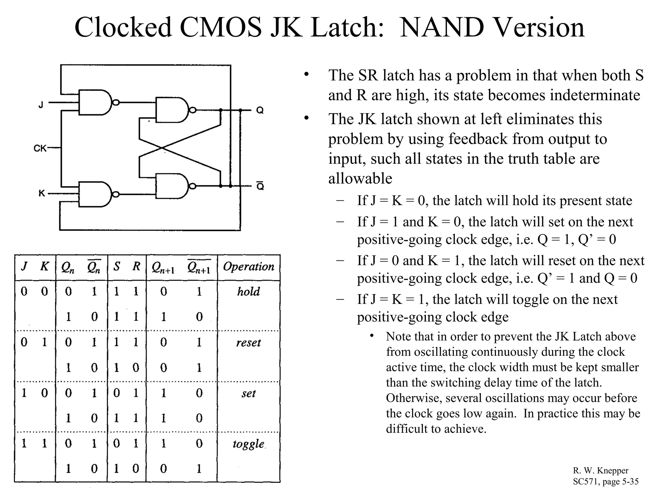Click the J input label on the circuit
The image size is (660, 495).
tap(41, 105)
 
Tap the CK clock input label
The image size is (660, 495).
tap(40, 148)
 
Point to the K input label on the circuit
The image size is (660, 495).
tap(42, 193)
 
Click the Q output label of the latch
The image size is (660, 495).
tap(260, 111)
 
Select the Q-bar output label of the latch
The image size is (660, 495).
tap(260, 186)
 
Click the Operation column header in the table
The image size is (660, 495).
tap(248, 267)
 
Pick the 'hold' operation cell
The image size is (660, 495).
tap(248, 292)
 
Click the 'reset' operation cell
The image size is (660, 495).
tap(248, 343)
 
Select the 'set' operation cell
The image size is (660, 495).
tap(248, 393)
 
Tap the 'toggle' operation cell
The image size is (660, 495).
tap(248, 444)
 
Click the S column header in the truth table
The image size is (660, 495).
tap(117, 267)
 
